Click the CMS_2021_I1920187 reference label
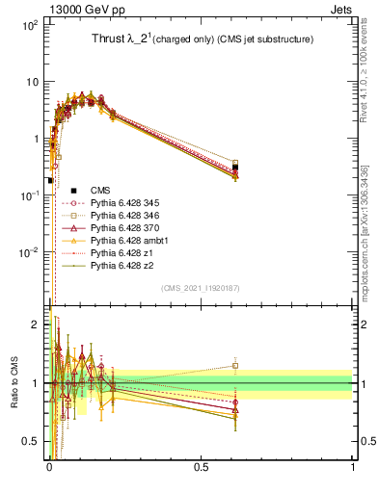(x=201, y=288)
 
